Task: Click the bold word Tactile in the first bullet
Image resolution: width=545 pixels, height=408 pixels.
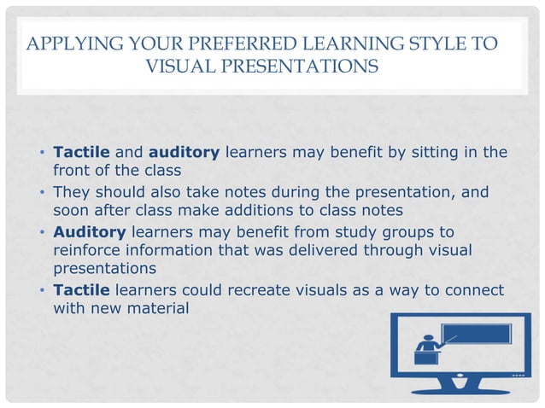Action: (81, 153)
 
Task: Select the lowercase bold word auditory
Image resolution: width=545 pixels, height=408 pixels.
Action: (184, 153)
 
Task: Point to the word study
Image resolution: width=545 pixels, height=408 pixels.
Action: (343, 231)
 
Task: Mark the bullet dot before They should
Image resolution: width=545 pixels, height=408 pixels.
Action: (42, 193)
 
